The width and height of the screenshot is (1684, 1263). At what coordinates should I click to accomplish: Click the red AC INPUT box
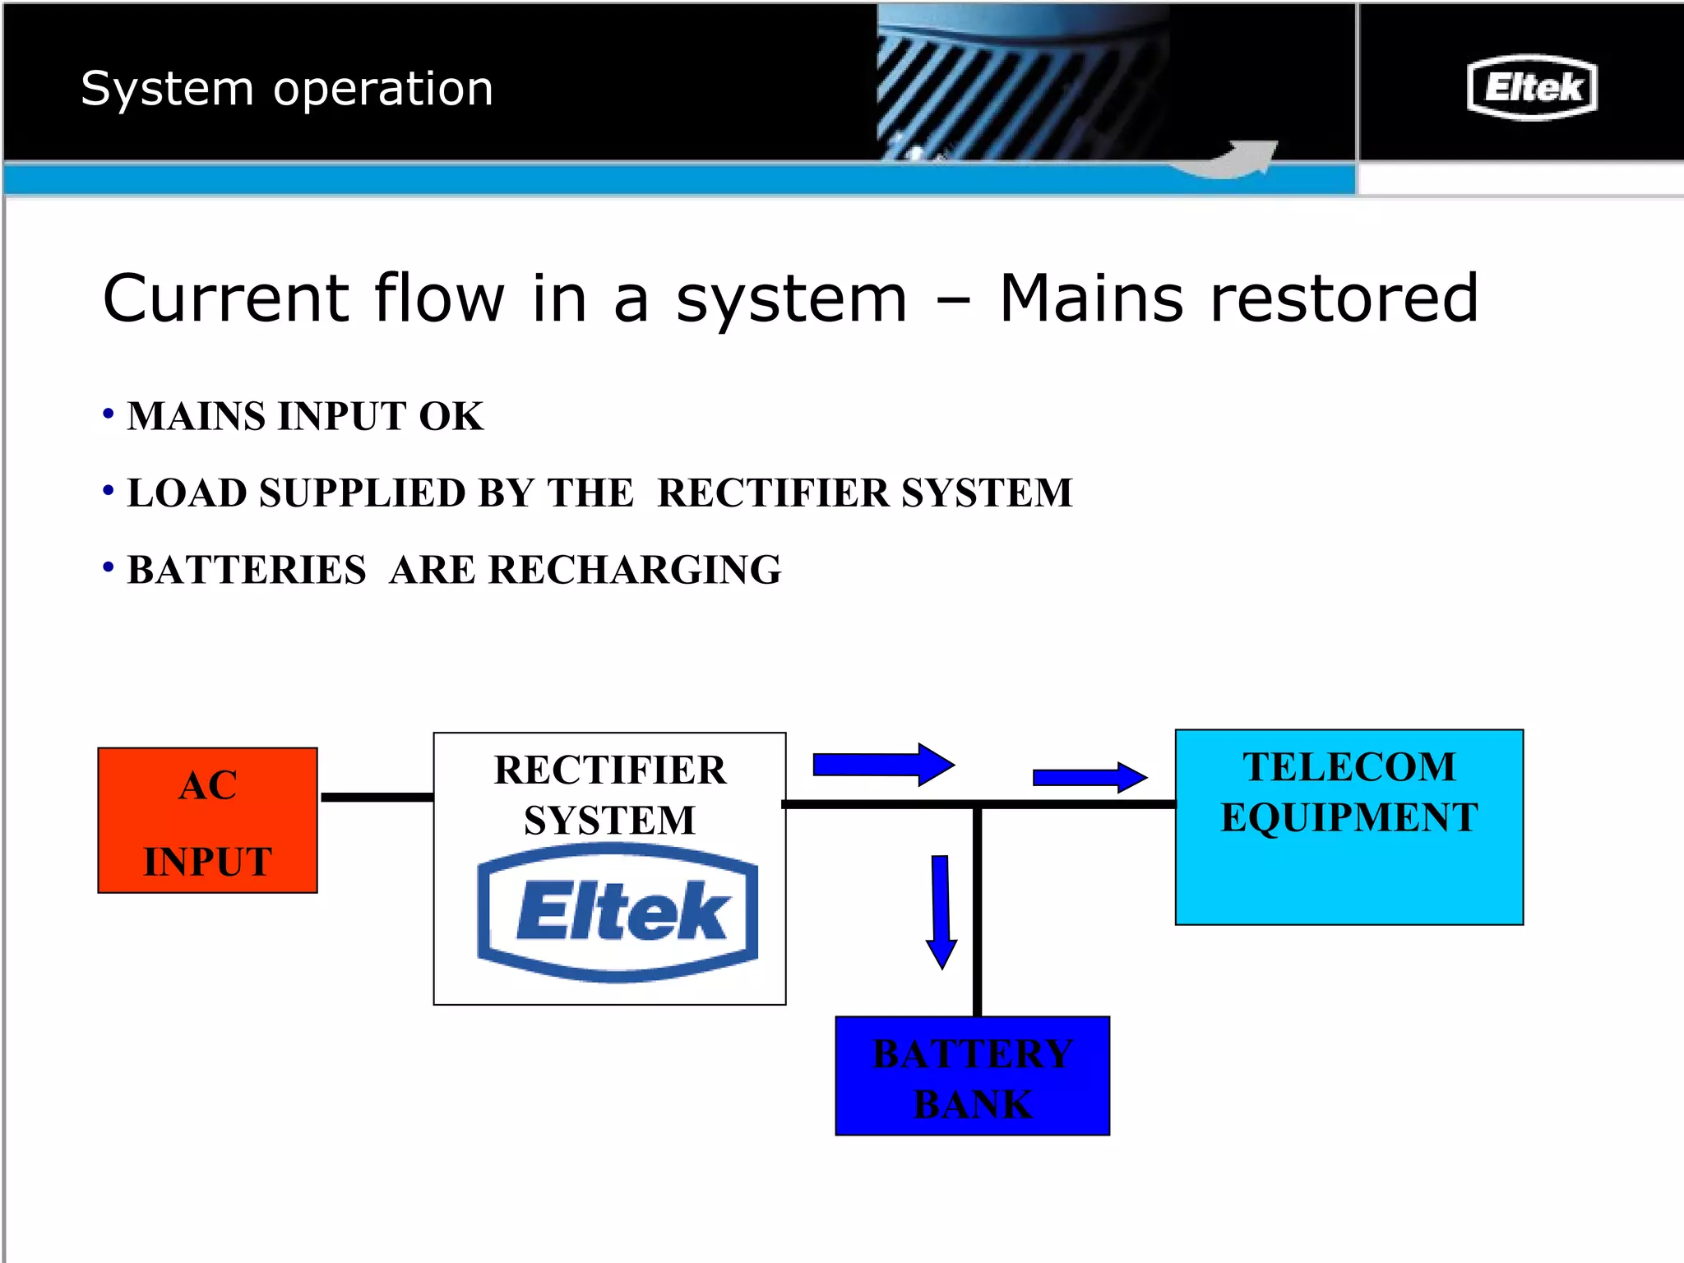click(207, 821)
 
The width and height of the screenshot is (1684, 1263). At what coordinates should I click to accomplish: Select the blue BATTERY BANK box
click(972, 1076)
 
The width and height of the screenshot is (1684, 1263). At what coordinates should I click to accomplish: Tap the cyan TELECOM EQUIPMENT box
click(1349, 872)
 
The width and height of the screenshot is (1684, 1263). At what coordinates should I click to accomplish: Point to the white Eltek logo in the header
click(1532, 87)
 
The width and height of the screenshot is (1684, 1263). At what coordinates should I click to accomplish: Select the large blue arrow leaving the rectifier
click(882, 765)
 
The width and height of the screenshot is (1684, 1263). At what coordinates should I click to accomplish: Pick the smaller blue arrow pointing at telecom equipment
click(1089, 777)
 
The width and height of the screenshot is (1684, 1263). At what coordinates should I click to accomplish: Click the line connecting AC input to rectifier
click(377, 797)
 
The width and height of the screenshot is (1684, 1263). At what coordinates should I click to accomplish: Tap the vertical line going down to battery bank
click(977, 913)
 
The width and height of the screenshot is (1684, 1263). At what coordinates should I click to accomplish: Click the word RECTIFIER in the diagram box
click(609, 770)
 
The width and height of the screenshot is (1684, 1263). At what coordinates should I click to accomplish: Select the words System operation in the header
click(287, 88)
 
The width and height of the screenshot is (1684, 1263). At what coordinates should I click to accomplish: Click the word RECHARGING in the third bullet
click(634, 570)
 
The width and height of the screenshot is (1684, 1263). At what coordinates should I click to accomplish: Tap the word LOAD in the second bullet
click(187, 493)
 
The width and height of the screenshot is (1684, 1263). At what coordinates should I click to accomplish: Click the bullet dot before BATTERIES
click(108, 567)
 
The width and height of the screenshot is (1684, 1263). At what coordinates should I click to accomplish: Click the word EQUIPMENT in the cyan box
click(1349, 817)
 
